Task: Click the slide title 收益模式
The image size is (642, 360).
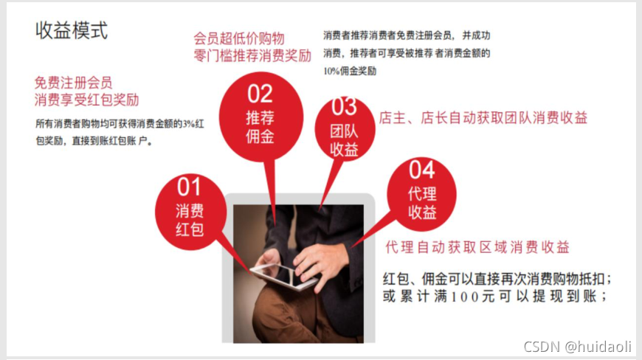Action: click(72, 30)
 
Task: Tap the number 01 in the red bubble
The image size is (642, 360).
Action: click(189, 187)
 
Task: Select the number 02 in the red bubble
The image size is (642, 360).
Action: click(260, 94)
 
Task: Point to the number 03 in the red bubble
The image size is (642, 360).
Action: click(344, 106)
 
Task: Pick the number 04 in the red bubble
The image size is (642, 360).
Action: click(421, 170)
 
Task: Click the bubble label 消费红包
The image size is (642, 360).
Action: click(190, 220)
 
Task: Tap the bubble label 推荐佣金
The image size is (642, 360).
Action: click(260, 127)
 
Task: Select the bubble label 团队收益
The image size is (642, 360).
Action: click(344, 140)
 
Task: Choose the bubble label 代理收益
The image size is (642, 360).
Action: click(422, 203)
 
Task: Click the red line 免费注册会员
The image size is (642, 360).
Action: click(73, 83)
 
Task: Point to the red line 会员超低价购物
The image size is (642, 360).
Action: click(239, 38)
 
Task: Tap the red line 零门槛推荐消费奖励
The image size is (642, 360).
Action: click(252, 55)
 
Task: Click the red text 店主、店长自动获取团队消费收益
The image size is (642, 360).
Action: click(483, 118)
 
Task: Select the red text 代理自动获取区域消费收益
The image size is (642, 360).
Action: click(477, 247)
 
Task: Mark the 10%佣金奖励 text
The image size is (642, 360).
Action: click(350, 71)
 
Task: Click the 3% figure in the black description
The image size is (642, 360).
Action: click(188, 123)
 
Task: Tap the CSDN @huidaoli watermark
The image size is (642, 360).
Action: click(578, 347)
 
